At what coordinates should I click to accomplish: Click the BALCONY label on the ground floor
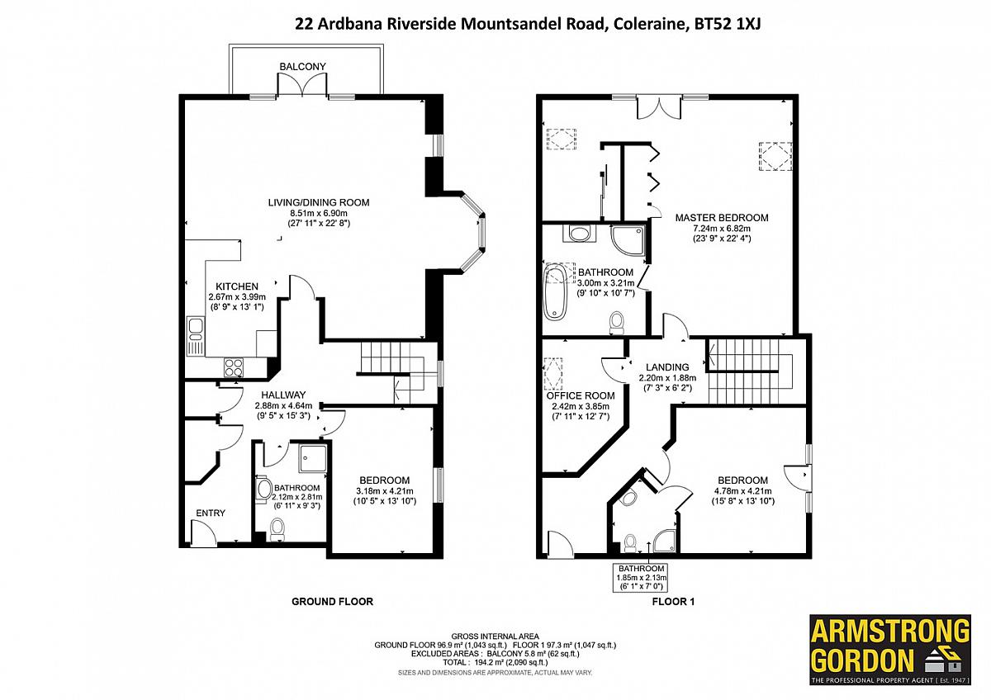302,66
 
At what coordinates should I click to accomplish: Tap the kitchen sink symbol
195,336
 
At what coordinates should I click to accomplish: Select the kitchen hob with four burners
234,367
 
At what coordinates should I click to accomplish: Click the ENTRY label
211,513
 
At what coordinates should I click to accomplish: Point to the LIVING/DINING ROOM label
319,202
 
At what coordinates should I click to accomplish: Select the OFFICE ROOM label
581,395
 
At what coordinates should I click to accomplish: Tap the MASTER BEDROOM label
722,218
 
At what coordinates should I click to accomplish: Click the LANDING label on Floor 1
667,367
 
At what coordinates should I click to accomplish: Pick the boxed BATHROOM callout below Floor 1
641,577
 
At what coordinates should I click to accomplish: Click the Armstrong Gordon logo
890,650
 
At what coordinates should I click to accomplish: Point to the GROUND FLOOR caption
332,602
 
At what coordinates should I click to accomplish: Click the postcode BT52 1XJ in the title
728,24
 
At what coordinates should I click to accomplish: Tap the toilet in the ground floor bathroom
277,529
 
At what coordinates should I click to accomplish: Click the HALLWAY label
283,395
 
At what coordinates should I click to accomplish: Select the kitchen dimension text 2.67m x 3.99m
237,296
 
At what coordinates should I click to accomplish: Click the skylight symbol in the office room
553,374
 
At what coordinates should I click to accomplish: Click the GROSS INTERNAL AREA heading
495,636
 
